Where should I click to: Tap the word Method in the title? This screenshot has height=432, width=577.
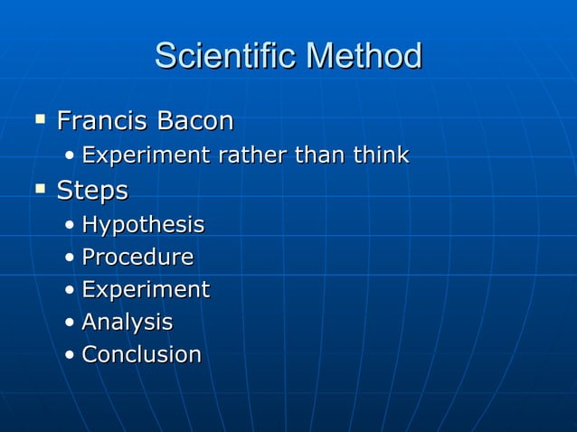point(364,56)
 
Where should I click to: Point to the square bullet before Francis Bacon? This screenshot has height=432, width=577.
point(40,118)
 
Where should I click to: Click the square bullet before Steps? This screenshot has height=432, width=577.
point(40,189)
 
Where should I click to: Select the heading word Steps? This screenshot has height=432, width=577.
point(92,192)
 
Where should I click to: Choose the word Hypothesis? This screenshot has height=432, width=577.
point(143,225)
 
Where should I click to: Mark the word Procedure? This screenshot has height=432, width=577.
point(137,258)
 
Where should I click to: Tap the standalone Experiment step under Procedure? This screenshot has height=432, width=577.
point(146,290)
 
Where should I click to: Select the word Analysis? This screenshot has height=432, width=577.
point(127,323)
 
